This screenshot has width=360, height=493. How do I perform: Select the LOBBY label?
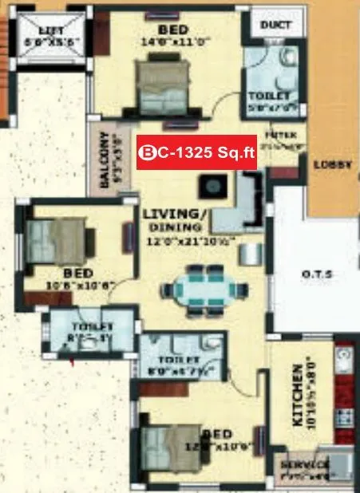334,165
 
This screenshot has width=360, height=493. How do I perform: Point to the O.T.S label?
316,276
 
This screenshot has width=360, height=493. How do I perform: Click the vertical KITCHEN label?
298,396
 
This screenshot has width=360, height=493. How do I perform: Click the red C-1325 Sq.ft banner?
197,152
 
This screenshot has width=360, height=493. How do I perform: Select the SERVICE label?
303,465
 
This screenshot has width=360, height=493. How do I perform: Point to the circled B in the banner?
147,152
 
